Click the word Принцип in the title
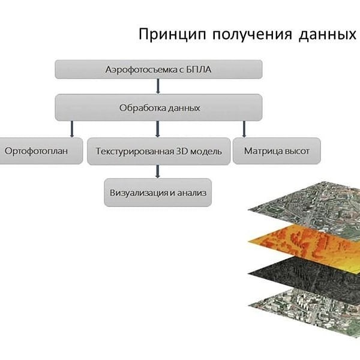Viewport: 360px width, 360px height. (172, 35)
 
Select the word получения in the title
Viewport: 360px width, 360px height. (253, 35)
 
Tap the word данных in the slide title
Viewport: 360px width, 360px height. (328, 35)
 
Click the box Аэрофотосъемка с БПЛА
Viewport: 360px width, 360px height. (158, 70)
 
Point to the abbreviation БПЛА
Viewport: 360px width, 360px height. (199, 70)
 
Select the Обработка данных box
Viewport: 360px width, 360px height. (158, 107)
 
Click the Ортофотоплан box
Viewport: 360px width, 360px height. (41, 151)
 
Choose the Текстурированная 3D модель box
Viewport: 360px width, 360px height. (158, 151)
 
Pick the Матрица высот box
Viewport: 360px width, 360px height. (277, 151)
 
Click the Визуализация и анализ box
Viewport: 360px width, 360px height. (158, 193)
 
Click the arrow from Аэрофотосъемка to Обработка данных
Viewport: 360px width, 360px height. (158, 86)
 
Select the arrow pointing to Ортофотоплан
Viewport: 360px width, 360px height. (72, 129)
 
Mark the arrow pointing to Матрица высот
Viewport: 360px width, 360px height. (244, 129)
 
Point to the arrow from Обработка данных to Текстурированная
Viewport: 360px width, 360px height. (157, 129)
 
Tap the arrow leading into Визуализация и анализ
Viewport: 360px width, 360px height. (157, 172)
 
